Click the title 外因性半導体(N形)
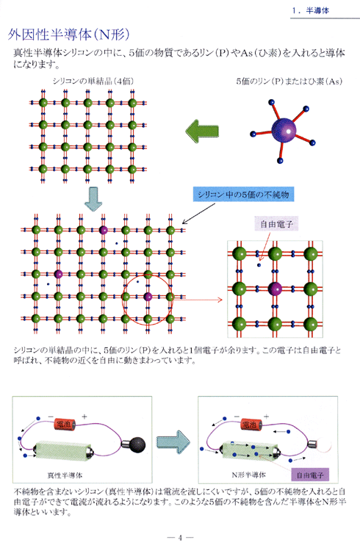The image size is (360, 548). click(69, 35)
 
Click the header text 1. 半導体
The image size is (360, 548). click(311, 10)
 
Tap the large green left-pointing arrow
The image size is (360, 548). click(202, 131)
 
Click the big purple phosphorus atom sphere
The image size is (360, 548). click(284, 130)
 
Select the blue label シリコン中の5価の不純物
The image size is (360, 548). click(244, 195)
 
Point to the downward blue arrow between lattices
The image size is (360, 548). click(93, 199)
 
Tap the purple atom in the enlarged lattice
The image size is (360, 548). click(275, 289)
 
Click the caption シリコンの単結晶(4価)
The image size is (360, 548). click(93, 81)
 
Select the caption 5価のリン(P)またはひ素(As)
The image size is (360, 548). click(289, 81)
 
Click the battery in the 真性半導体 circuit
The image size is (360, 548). click(65, 424)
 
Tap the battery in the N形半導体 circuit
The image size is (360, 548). click(251, 424)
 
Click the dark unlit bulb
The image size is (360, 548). click(138, 444)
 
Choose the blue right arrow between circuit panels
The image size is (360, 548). click(173, 442)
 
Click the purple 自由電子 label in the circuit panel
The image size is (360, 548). click(310, 475)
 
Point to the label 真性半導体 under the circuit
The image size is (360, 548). click(65, 475)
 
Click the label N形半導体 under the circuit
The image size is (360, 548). click(248, 475)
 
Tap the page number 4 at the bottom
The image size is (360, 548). click(180, 538)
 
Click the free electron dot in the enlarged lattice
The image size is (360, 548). click(259, 265)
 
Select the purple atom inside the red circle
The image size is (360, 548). click(148, 297)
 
